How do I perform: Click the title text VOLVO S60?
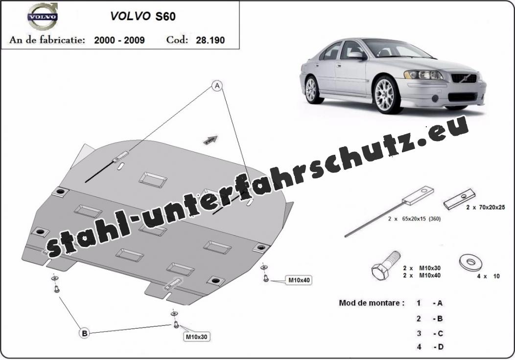click(x=143, y=16)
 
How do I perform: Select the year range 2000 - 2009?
click(x=119, y=40)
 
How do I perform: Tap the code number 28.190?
click(x=210, y=40)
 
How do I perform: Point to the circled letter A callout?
click(x=217, y=86)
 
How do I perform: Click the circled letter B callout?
click(x=84, y=334)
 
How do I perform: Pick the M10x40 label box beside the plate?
click(x=299, y=280)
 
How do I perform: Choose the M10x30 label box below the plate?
click(x=196, y=336)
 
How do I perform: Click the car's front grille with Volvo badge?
click(x=464, y=78)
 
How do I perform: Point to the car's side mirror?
click(x=356, y=55)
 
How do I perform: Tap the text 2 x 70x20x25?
click(x=486, y=207)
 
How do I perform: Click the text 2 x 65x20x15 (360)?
click(x=414, y=218)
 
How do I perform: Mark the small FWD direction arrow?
click(x=211, y=140)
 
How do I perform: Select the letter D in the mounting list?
click(x=440, y=347)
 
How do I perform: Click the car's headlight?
click(x=423, y=75)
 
